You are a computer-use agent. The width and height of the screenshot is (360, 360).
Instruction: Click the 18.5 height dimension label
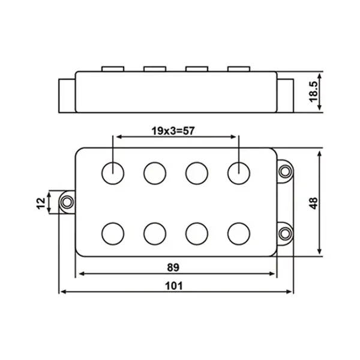click(x=314, y=91)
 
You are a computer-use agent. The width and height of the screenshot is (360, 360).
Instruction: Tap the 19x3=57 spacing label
click(x=173, y=131)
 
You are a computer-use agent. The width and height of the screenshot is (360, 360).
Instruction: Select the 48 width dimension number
click(x=314, y=203)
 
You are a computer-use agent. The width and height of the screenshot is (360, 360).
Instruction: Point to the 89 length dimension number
click(x=173, y=268)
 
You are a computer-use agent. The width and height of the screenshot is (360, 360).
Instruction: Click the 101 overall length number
click(x=174, y=286)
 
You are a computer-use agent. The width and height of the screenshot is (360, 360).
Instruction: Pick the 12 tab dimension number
click(x=41, y=203)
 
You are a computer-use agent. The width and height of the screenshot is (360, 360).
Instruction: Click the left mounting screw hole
click(x=67, y=202)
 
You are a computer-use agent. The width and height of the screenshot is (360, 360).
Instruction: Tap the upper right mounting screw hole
click(x=285, y=171)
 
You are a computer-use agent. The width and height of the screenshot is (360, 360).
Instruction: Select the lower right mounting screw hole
click(x=285, y=233)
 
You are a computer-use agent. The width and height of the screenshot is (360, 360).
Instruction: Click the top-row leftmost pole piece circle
click(x=113, y=173)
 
